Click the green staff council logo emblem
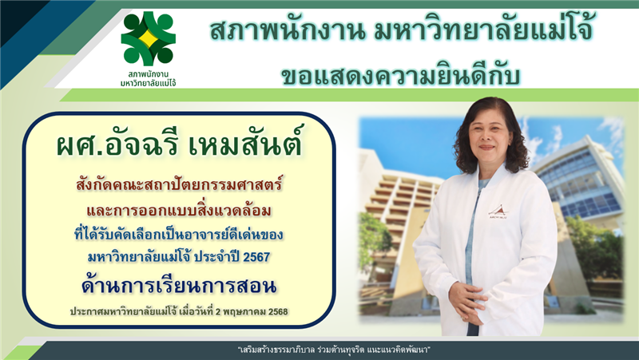149,38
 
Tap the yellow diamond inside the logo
149,38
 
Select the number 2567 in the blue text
256,257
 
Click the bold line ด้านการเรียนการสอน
179,286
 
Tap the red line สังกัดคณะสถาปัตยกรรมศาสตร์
179,184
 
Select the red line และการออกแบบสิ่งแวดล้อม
179,210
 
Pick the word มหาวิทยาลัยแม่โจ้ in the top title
484,30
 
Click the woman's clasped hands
469,302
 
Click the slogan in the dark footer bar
334,350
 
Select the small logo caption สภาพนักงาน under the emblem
149,74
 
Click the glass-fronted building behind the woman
578,179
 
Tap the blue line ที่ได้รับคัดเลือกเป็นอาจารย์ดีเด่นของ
179,235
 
